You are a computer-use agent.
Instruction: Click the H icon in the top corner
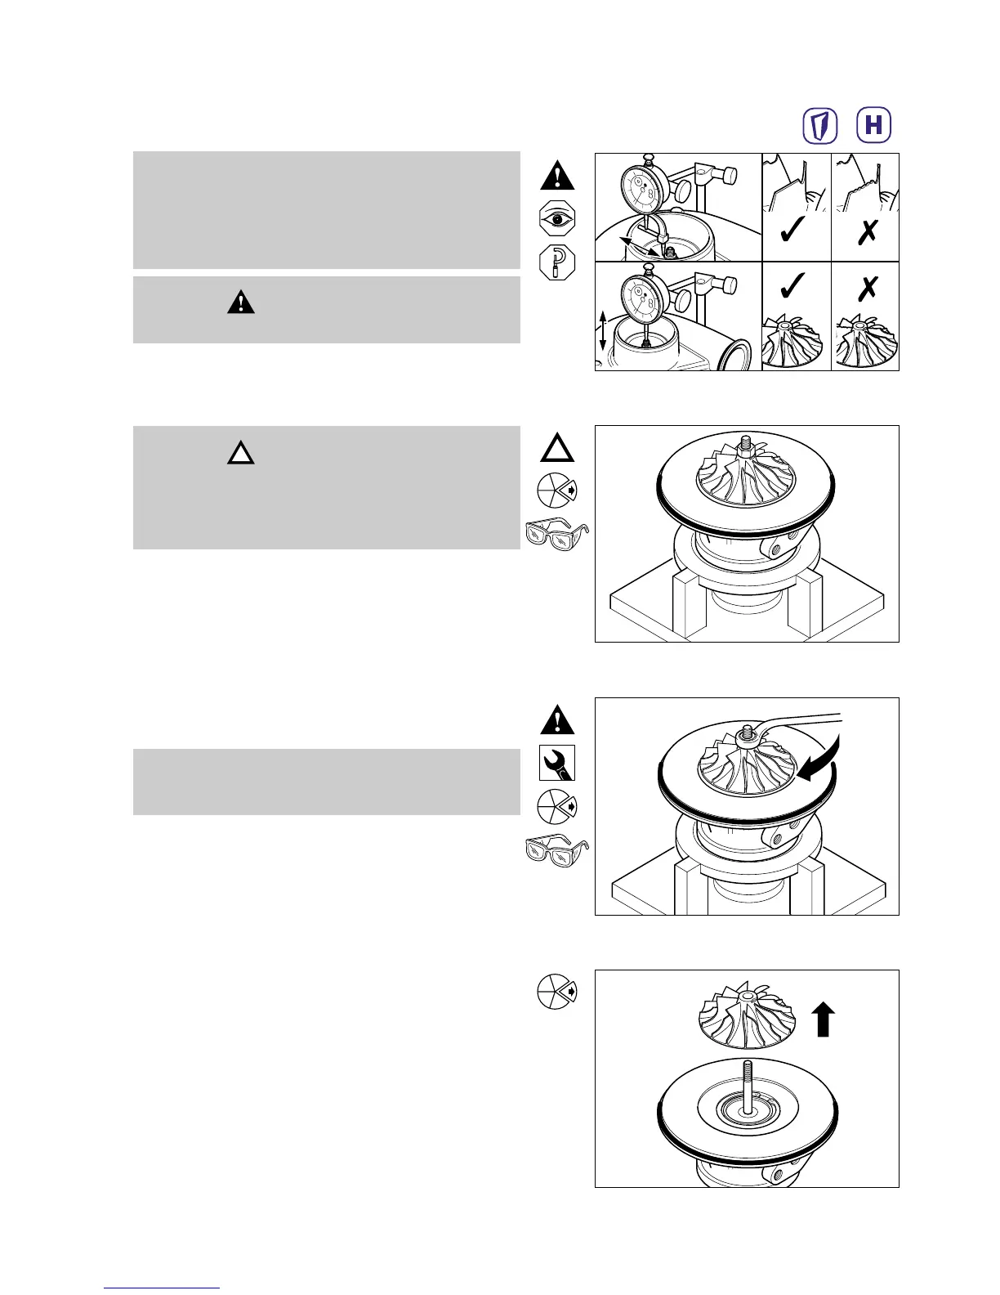[x=873, y=125]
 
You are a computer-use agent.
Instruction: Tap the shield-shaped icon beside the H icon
[x=821, y=125]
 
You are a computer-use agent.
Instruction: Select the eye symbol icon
[x=557, y=219]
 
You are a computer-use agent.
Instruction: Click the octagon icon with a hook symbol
[x=557, y=262]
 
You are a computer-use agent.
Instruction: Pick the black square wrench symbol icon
[x=557, y=763]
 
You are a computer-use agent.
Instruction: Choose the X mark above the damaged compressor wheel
[x=867, y=286]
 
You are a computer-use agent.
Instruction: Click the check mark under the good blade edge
[x=792, y=233]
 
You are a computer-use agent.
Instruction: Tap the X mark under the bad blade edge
[x=868, y=233]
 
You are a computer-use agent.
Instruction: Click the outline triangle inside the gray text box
[x=241, y=451]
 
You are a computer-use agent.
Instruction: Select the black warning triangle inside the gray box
[x=241, y=303]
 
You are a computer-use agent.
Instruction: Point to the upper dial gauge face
[x=645, y=190]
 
